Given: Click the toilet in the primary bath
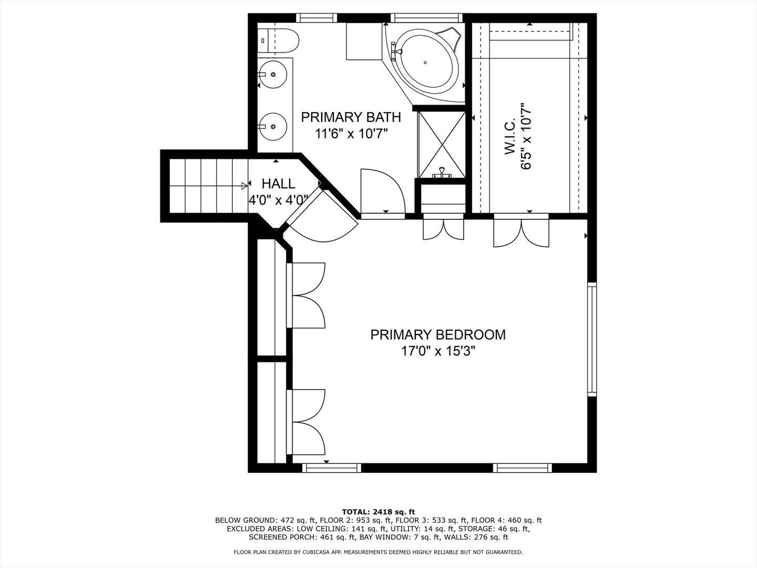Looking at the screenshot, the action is coord(278,40).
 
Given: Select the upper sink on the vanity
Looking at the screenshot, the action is coord(273,74).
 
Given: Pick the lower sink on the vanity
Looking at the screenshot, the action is coord(273,126).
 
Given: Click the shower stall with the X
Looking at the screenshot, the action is coord(442,145).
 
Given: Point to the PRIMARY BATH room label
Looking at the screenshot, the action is coord(351,117).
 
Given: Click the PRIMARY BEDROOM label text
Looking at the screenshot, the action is coord(438,335).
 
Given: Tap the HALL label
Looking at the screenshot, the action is coord(278,184).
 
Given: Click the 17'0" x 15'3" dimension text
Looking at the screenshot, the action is coord(438,351).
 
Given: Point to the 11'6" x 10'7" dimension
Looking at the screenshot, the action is coord(352,134).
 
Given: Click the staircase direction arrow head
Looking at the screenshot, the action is coord(244,186).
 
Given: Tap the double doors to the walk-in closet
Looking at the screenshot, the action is coord(521,230).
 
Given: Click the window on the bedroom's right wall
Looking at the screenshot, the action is coord(592,339).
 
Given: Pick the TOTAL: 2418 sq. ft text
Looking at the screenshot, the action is coord(378,512).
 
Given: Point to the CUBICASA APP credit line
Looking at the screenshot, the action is coord(378,552).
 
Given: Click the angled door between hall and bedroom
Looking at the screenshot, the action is coord(321,218).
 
